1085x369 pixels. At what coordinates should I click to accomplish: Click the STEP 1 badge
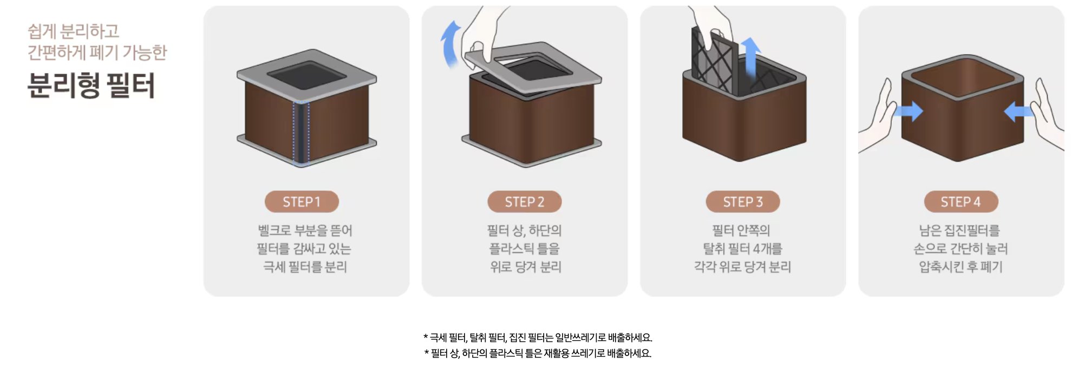[302, 202]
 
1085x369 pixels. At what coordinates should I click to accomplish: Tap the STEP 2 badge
[525, 202]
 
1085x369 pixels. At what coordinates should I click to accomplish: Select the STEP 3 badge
[743, 202]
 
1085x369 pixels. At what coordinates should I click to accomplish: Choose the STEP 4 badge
[961, 202]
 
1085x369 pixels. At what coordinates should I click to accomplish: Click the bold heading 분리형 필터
[91, 85]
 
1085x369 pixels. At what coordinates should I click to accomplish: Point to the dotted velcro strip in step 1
[301, 132]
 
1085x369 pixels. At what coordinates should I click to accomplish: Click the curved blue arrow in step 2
[449, 44]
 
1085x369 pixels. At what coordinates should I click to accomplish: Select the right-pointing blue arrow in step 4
[908, 111]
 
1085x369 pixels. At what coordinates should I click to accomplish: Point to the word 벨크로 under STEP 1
[274, 230]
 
